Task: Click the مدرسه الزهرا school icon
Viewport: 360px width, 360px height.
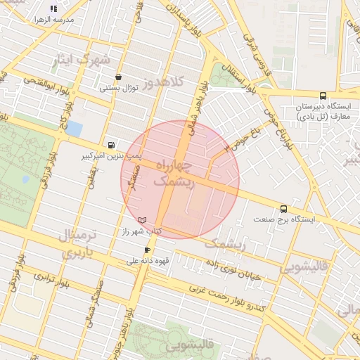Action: (53, 8)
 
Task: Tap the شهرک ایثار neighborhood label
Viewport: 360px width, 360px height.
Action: (82, 60)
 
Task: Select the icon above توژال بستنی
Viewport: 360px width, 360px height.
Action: (117, 77)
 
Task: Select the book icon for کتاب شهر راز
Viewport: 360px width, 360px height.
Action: (143, 220)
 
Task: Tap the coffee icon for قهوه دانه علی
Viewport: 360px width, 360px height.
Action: (147, 250)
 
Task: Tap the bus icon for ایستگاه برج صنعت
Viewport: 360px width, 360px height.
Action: (283, 209)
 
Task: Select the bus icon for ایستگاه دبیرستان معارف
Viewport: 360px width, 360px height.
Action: (323, 96)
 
